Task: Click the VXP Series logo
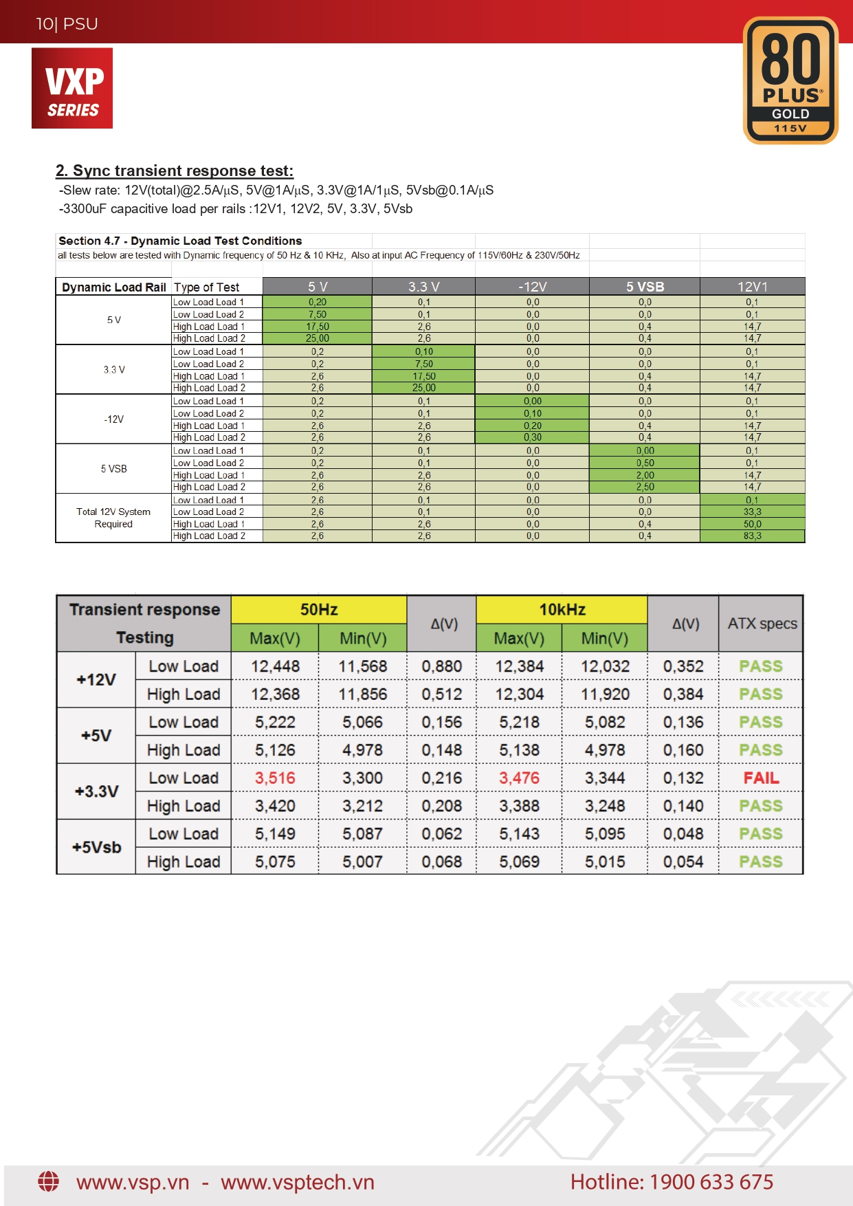click(72, 88)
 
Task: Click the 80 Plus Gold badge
click(790, 80)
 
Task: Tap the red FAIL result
click(761, 778)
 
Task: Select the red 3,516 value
click(275, 778)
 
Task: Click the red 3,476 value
click(519, 778)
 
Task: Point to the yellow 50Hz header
click(319, 609)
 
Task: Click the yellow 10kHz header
click(562, 609)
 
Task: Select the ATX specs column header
click(762, 624)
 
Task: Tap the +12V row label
click(96, 679)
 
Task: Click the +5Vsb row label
click(96, 847)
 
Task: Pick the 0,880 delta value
click(441, 666)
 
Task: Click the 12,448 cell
click(275, 666)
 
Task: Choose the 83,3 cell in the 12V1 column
click(752, 536)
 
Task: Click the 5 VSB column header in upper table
click(645, 287)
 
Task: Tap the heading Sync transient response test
click(175, 171)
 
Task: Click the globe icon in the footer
click(48, 1181)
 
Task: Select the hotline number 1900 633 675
click(711, 1181)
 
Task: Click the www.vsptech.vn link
click(297, 1182)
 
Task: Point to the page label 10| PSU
click(67, 24)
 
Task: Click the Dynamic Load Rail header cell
click(114, 287)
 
